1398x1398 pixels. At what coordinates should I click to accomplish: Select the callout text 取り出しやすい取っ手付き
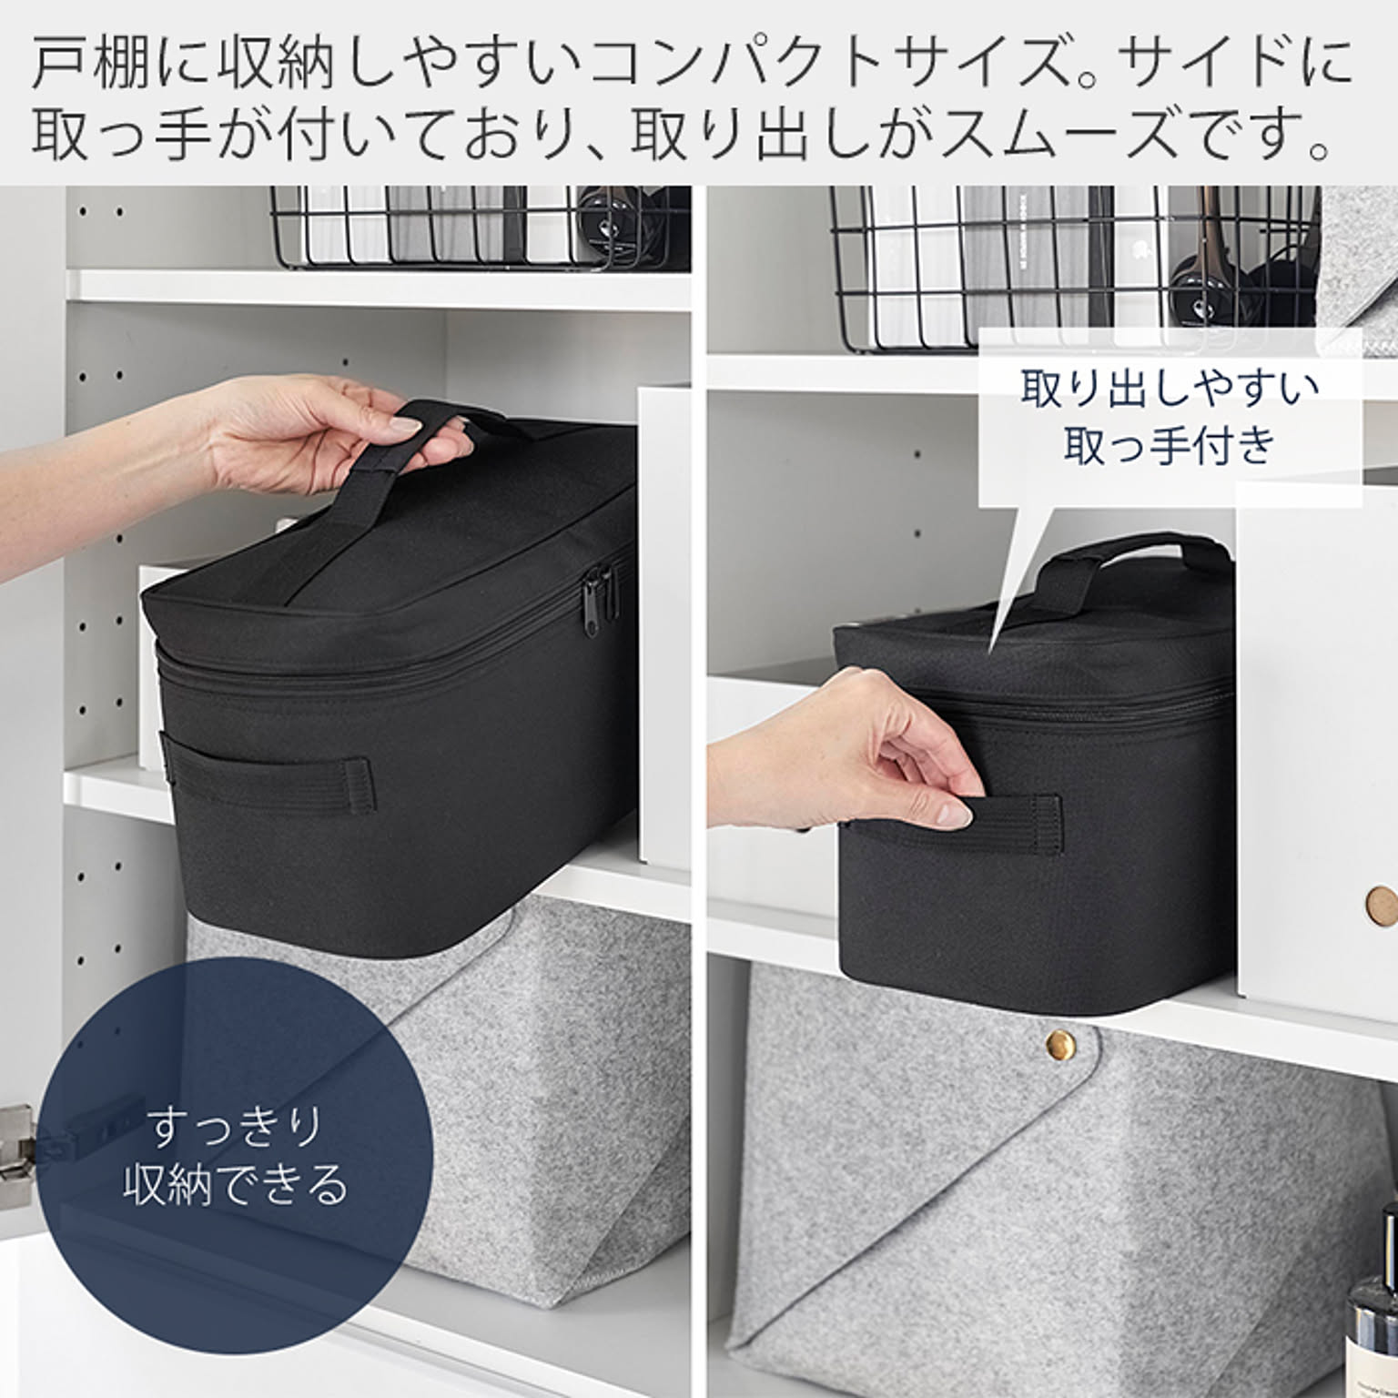tap(1170, 415)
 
